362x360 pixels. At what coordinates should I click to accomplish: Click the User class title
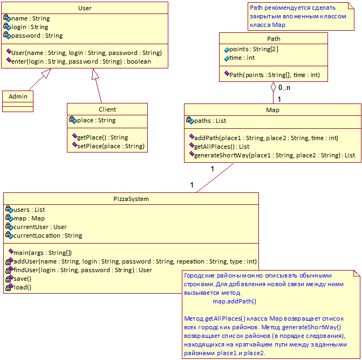click(85, 8)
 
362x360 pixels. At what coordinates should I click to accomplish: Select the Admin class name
click(18, 96)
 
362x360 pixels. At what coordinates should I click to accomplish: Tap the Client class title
click(107, 109)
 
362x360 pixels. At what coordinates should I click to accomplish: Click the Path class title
click(274, 39)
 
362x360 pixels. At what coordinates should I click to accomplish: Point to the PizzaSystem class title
click(131, 199)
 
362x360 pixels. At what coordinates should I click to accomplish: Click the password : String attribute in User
click(37, 36)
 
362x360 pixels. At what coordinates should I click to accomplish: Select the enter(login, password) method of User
click(81, 61)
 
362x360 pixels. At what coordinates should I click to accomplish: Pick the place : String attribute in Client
click(96, 120)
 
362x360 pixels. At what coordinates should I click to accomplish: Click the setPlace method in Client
click(111, 146)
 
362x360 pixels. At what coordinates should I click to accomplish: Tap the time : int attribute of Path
click(242, 58)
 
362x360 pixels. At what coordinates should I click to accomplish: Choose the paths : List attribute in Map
click(210, 121)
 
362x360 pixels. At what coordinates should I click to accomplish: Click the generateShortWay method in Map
click(275, 155)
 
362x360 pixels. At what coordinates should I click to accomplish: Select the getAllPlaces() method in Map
click(222, 147)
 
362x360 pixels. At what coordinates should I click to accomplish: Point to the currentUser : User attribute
click(40, 227)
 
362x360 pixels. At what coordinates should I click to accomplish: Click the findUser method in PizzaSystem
click(83, 270)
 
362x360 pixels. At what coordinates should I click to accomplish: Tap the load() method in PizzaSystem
click(23, 287)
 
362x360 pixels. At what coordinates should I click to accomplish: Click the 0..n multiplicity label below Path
click(284, 88)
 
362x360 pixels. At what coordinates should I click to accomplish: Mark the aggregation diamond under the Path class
click(274, 87)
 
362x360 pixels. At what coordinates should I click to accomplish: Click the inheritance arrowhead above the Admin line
click(46, 73)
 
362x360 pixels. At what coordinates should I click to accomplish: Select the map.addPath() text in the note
click(234, 301)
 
